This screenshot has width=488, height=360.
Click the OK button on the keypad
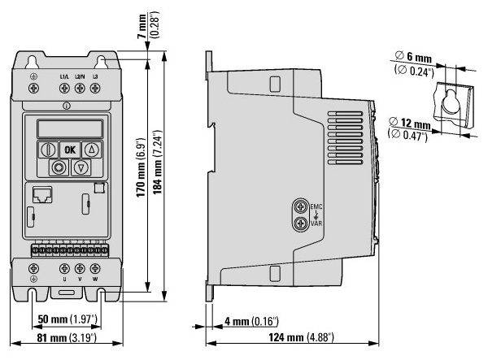coord(70,150)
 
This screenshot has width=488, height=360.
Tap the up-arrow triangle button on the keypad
coord(91,150)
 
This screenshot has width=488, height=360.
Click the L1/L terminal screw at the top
coord(64,89)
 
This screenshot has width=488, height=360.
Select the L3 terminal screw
coord(95,89)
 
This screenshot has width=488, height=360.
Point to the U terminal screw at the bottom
coord(64,268)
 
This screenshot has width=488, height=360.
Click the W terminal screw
coord(95,268)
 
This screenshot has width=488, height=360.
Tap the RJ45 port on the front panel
coord(42,195)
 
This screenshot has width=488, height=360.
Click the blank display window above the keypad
coord(70,128)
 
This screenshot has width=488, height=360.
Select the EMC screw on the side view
coord(301,206)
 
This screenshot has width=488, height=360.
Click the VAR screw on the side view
coord(301,223)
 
